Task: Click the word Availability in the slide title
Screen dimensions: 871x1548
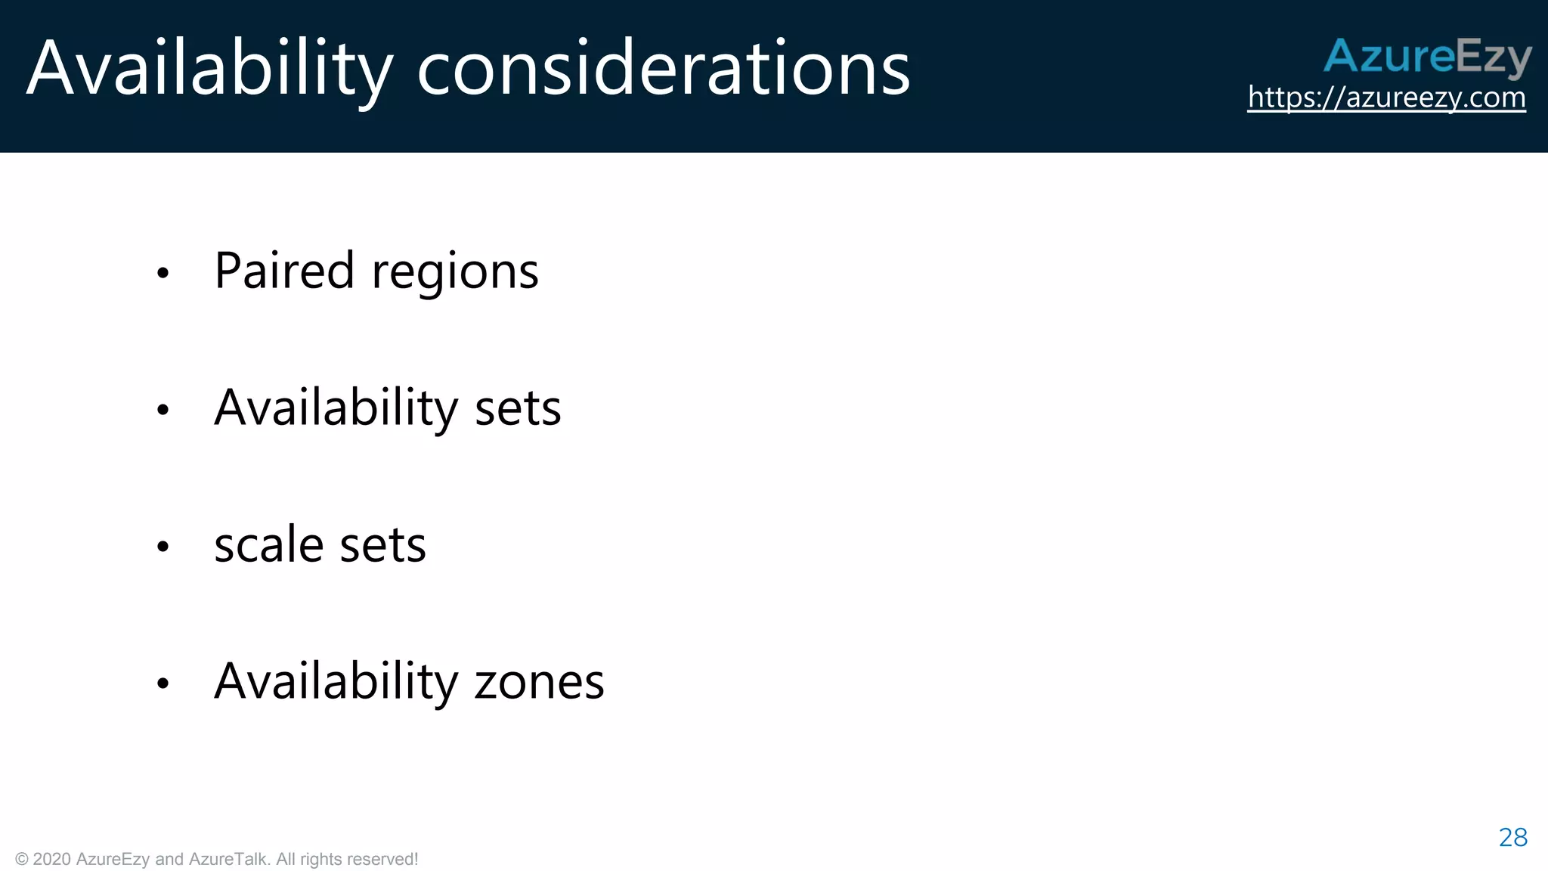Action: pos(209,70)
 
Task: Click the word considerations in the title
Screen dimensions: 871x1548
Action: pos(663,70)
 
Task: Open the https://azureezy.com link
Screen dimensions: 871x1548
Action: pos(1386,98)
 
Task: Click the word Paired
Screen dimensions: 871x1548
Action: pos(284,271)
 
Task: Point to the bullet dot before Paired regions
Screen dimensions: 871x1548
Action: pos(163,273)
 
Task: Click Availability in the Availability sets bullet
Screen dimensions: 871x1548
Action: pos(336,408)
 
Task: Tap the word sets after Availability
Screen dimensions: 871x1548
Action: pos(518,408)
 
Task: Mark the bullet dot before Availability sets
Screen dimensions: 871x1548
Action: pos(163,410)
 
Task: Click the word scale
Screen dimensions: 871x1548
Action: pos(269,544)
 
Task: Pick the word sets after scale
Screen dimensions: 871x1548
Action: pos(382,546)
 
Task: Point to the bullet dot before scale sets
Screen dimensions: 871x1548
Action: pos(163,547)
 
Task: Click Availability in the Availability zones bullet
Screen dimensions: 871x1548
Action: pos(336,682)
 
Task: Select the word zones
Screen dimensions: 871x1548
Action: pos(539,683)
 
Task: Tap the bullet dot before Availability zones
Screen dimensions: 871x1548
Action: pos(163,683)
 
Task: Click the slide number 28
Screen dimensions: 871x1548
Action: pos(1512,838)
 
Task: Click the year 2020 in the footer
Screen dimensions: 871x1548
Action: pos(52,860)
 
